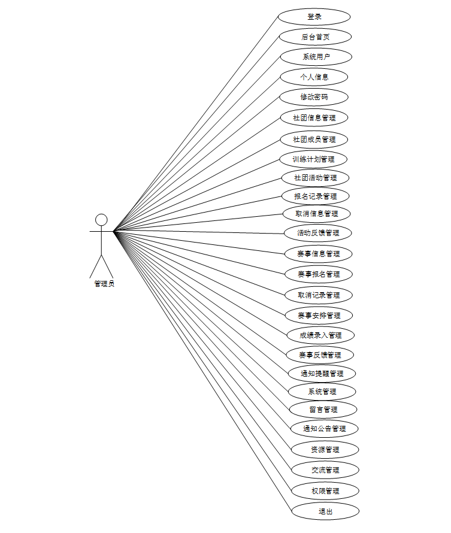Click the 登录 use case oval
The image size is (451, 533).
click(314, 17)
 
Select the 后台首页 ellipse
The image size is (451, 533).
click(316, 37)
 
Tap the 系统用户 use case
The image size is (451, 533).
click(316, 57)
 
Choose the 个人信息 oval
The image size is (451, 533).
click(314, 77)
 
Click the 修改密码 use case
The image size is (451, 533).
click(314, 96)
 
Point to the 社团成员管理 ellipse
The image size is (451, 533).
click(314, 139)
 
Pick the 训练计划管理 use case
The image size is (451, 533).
click(314, 159)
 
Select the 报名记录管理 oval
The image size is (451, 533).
click(315, 196)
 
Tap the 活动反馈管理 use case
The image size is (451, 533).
click(318, 232)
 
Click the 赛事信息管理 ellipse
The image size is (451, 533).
click(319, 253)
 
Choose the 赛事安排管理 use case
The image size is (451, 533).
click(319, 315)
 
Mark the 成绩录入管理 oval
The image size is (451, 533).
click(320, 335)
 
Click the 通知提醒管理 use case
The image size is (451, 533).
click(323, 373)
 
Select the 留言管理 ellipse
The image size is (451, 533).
click(323, 410)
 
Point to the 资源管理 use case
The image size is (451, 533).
click(325, 449)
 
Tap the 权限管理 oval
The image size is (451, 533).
click(325, 491)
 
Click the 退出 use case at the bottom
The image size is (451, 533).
click(325, 511)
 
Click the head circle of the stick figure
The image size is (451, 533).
click(102, 220)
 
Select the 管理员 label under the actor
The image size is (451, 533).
click(104, 284)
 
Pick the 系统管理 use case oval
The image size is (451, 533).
click(322, 392)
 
